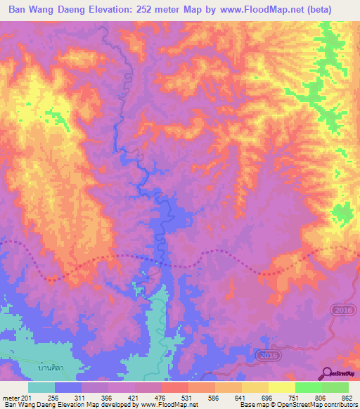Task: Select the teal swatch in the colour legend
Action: point(41,388)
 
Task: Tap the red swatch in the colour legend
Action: point(175,388)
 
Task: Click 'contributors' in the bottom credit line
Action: point(340,405)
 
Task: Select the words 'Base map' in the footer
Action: point(250,405)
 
